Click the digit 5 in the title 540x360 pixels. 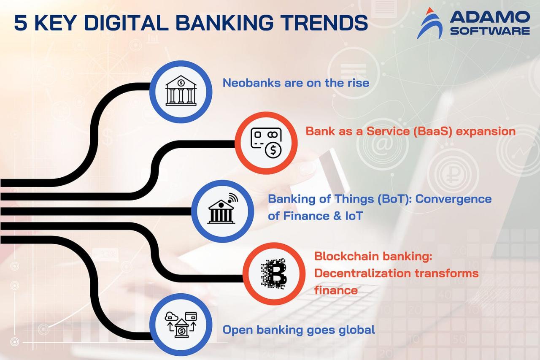(21, 23)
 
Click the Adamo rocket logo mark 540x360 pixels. (429, 23)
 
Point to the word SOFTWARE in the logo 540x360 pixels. (490, 31)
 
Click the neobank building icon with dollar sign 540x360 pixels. (181, 91)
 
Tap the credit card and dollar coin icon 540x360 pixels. (266, 143)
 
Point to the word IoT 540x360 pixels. (354, 216)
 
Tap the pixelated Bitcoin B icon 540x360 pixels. (274, 273)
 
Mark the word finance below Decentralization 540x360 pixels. (336, 290)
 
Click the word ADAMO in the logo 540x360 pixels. (490, 17)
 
